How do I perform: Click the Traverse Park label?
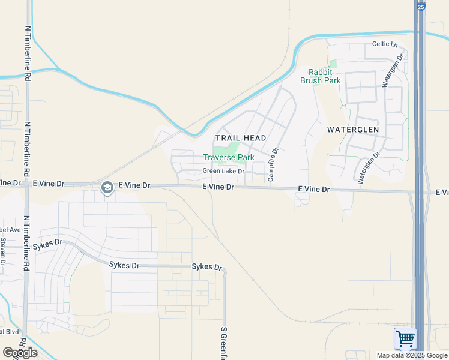[228, 157]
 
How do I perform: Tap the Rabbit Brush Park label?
[321, 76]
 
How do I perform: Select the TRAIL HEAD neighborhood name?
[241, 138]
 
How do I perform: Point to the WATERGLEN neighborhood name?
[353, 130]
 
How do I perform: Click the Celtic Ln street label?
[385, 44]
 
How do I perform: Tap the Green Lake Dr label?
[223, 171]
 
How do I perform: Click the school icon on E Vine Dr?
[107, 188]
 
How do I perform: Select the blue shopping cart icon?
[405, 338]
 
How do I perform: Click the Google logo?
[20, 352]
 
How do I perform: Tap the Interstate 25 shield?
[420, 6]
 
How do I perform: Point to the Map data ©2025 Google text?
[412, 355]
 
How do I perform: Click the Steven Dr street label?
[3, 251]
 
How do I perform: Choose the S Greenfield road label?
[223, 343]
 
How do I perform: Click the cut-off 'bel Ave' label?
[10, 230]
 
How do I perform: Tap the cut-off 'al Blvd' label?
[10, 331]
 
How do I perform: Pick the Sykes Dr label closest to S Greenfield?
[206, 267]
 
